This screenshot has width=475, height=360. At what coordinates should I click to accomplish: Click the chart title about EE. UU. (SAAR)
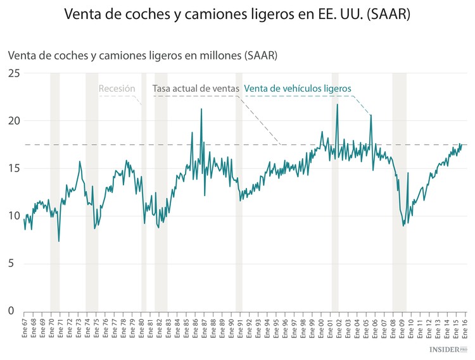tap(237, 14)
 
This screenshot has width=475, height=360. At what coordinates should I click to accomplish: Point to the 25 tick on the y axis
tap(13, 73)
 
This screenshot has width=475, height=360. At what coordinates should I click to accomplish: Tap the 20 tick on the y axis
tap(13, 121)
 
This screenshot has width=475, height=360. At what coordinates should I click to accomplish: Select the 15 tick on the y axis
tap(13, 168)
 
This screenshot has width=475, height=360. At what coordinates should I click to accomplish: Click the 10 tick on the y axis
tap(13, 216)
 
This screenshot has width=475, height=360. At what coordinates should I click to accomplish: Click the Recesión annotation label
tap(117, 89)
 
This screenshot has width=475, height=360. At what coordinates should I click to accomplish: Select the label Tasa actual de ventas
tap(196, 89)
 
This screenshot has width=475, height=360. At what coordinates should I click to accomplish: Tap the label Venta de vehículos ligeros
tap(297, 89)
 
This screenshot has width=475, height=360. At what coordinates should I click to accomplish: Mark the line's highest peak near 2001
tap(337, 104)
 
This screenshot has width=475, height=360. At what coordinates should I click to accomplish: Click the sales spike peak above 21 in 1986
tap(201, 109)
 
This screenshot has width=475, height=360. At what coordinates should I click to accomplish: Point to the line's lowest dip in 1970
tap(59, 241)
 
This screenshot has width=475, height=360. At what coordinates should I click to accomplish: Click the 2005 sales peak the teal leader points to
tap(370, 115)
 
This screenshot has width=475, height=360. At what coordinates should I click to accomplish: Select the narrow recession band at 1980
tap(144, 190)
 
